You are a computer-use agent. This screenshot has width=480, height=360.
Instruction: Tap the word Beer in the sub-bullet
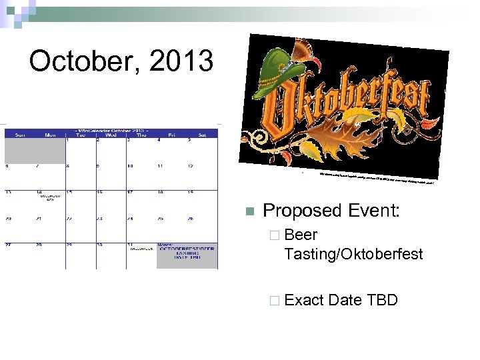tap(301, 235)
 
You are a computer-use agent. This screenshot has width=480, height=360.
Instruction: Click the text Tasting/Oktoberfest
tap(353, 254)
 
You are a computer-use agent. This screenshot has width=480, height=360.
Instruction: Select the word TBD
tap(382, 300)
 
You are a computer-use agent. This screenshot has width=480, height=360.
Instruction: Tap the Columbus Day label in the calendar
tap(50, 198)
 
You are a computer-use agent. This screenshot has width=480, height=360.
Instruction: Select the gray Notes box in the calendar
tap(187, 257)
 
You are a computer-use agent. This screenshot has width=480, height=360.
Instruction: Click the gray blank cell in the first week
tap(35, 150)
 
